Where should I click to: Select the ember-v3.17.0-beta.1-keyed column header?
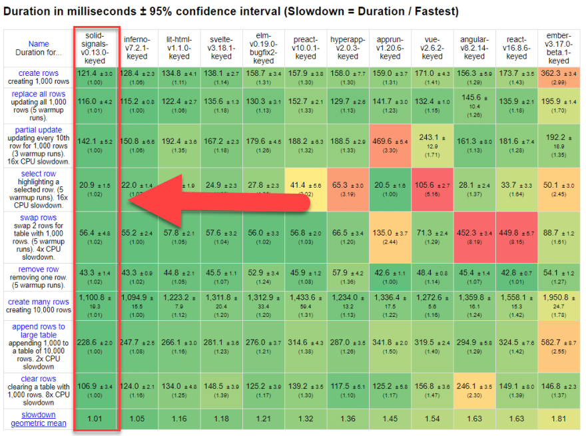tap(559, 47)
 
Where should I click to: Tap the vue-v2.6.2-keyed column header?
tap(432, 47)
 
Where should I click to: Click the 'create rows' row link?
tap(38, 73)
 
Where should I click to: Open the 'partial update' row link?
tap(38, 130)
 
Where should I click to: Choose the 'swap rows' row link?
tap(38, 218)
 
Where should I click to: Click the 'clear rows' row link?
tap(38, 378)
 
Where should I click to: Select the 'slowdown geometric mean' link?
tap(38, 419)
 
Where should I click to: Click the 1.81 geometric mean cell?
tap(559, 419)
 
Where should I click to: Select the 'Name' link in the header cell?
tap(38, 44)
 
